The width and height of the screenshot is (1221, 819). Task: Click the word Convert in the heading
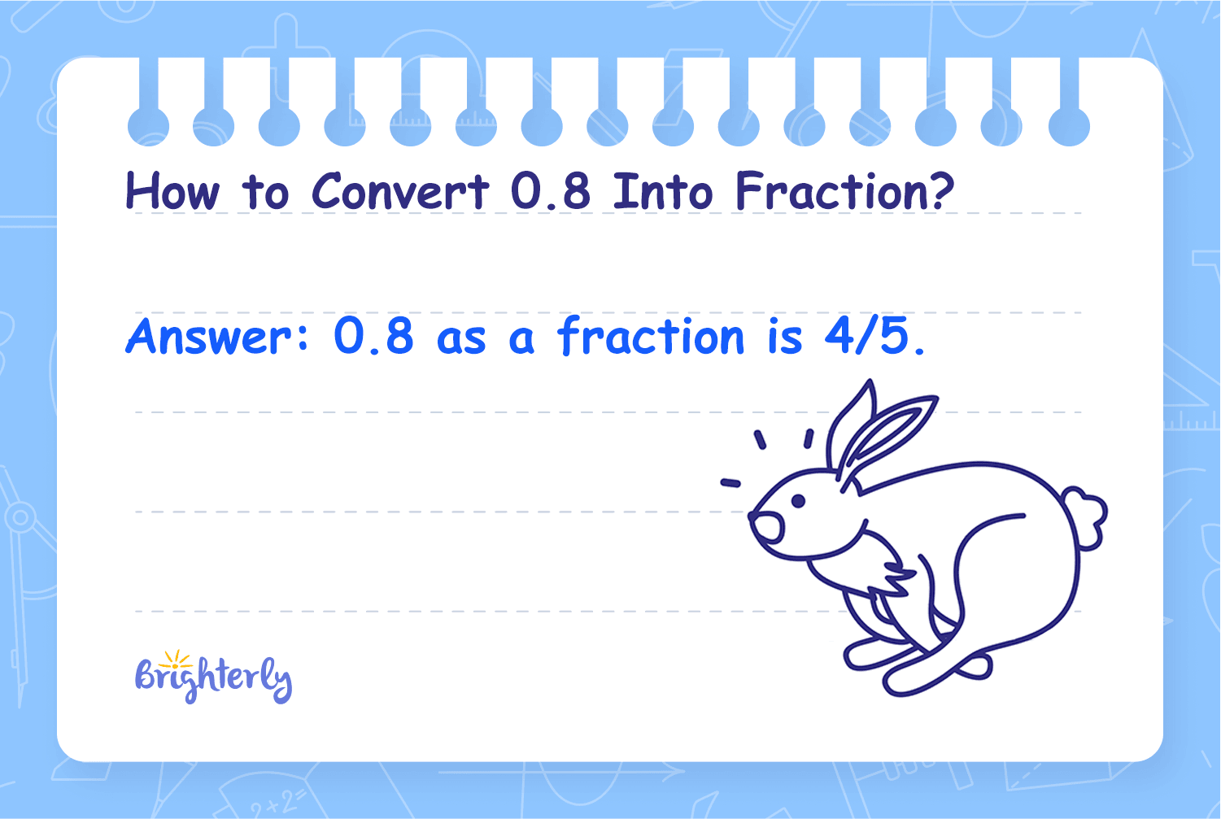tap(401, 191)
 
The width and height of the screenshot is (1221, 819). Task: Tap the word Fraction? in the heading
tap(845, 190)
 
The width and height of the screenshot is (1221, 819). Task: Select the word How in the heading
tap(172, 191)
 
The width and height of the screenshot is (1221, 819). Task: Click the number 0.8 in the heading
tap(551, 191)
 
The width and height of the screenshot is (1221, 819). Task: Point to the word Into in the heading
tap(663, 191)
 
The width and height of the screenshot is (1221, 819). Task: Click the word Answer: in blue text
tap(217, 336)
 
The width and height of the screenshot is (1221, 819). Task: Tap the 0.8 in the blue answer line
tap(374, 337)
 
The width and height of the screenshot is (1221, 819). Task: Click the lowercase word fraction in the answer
tap(651, 335)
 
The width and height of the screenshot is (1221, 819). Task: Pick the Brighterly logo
tap(213, 677)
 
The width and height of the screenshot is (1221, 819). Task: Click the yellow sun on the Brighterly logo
tap(174, 660)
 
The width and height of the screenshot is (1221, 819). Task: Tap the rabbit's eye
tap(798, 501)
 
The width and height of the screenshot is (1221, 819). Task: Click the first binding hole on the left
tap(148, 126)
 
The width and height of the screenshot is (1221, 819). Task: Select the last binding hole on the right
tap(1069, 126)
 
